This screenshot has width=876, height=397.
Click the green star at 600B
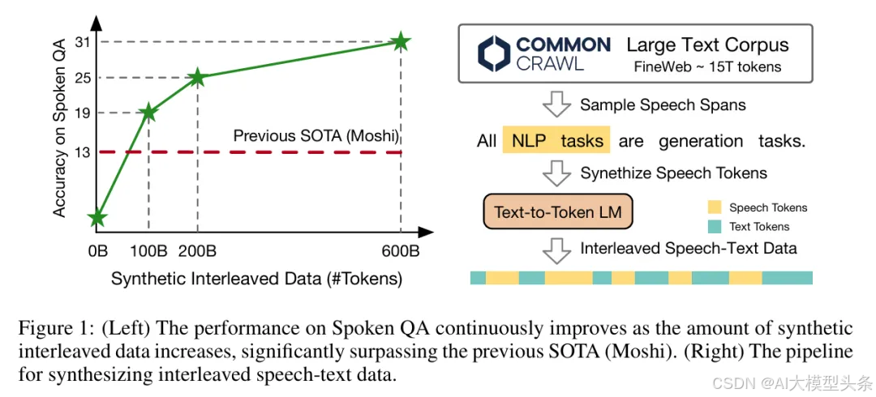(400, 41)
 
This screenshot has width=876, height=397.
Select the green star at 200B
(197, 78)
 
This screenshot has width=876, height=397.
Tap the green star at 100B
(148, 113)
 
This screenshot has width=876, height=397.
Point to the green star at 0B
(97, 217)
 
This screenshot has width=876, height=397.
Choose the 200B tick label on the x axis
(197, 251)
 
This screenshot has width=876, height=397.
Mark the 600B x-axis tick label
(399, 251)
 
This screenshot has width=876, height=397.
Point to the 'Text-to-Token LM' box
(557, 213)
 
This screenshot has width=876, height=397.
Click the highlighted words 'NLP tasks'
(557, 141)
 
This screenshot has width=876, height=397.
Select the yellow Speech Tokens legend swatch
(714, 208)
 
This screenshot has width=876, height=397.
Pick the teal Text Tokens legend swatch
(714, 227)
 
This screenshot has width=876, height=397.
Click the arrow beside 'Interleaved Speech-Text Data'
(557, 249)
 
